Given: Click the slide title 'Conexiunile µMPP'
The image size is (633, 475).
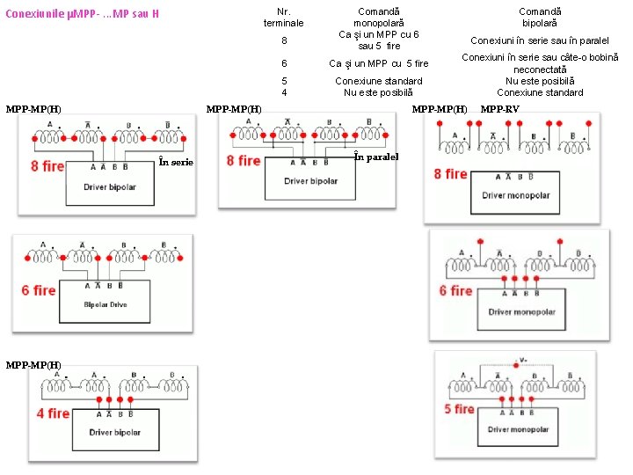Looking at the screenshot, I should point(82,15).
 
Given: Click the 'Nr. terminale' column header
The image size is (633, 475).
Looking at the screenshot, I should point(283,17).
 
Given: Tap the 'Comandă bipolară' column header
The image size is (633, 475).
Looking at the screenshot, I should point(539,17).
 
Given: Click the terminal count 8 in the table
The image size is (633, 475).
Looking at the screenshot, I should point(284,40).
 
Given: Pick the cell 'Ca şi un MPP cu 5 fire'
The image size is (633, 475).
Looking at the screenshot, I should point(378,63).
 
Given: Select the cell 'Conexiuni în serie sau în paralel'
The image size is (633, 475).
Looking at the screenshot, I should point(539,40).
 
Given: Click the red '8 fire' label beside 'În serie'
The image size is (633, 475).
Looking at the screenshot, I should point(47,165).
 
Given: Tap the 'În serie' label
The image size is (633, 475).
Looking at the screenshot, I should point(177,162).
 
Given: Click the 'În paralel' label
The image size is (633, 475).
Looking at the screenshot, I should point(376,157).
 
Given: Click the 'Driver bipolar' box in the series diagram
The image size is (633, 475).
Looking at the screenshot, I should point(110,187).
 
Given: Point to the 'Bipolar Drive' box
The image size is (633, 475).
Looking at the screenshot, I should point(107,304).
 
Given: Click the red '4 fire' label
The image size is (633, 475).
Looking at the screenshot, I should point(53,413).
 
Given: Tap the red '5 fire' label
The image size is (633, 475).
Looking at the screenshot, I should point(459,408).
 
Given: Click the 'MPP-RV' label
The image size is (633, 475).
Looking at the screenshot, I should point(499,109).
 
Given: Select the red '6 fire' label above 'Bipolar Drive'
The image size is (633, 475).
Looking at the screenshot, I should point(39,290).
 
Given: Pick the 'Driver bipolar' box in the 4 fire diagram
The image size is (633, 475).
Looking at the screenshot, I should point(114,432).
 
